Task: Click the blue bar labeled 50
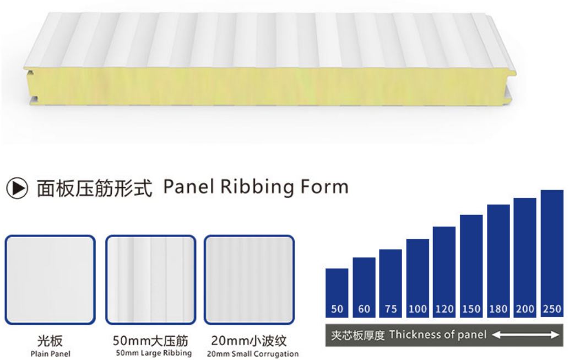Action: [337, 293]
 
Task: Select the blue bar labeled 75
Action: [391, 283]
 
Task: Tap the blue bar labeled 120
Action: [444, 272]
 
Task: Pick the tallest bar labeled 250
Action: [552, 254]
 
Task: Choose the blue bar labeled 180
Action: [498, 261]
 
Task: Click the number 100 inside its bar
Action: [418, 309]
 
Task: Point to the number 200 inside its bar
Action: [525, 309]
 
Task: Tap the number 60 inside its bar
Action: [364, 309]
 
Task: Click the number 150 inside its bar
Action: [472, 309]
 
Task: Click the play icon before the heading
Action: [17, 188]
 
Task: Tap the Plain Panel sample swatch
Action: [50, 280]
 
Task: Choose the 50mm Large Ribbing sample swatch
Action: [150, 280]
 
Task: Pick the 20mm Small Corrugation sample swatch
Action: [249, 280]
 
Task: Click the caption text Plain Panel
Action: [51, 354]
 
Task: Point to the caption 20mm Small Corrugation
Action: [253, 354]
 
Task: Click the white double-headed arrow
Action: [525, 335]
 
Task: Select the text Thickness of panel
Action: [438, 335]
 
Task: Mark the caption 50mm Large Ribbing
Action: [154, 353]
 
